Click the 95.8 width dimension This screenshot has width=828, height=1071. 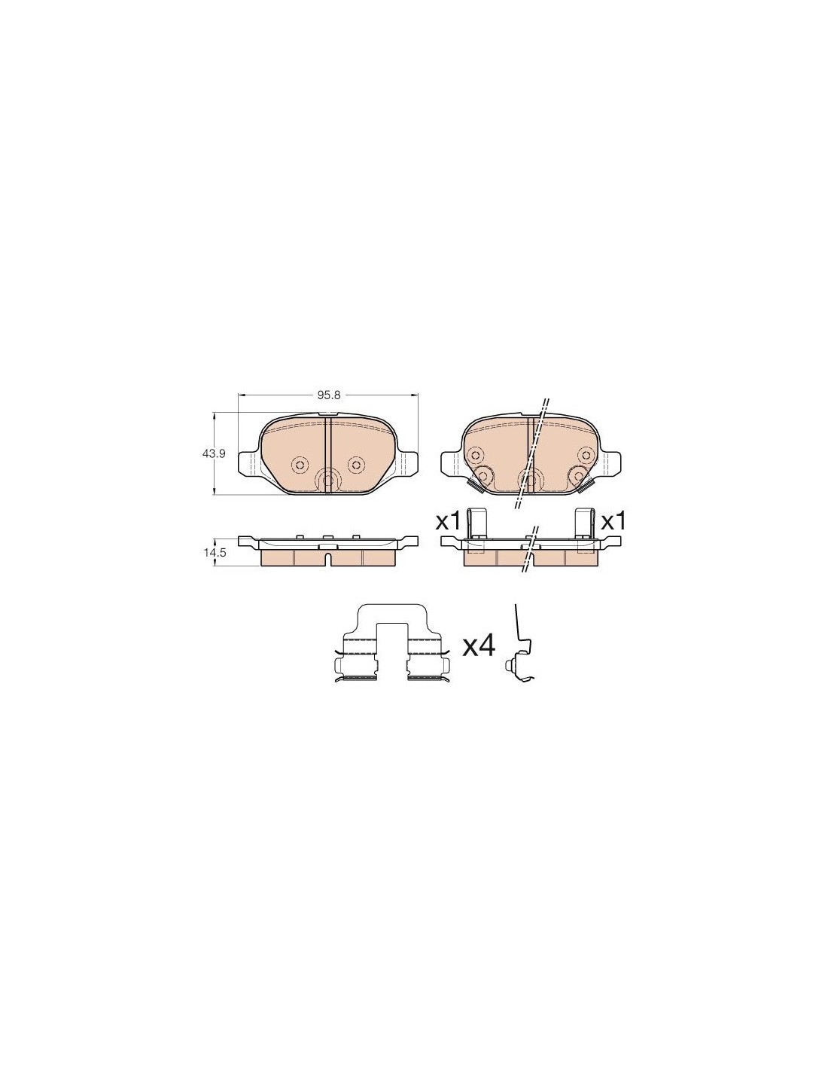pyautogui.click(x=326, y=395)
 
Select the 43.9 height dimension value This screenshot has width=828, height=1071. pyautogui.click(x=213, y=454)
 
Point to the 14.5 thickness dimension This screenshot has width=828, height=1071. pyautogui.click(x=215, y=553)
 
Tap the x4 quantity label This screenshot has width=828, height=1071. pyautogui.click(x=478, y=645)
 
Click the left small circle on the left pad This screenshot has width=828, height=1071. pyautogui.click(x=299, y=464)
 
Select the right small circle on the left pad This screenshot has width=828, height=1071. pyautogui.click(x=355, y=464)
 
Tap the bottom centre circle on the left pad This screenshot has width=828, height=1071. pyautogui.click(x=327, y=479)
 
